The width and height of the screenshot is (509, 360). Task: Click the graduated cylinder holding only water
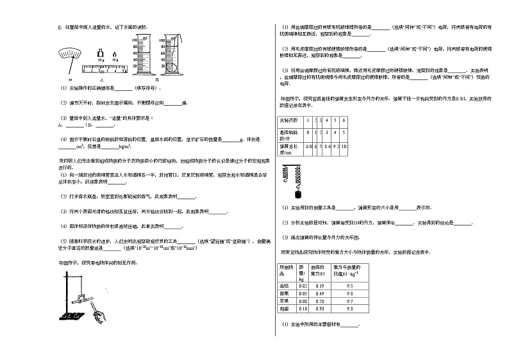click(x=144, y=54)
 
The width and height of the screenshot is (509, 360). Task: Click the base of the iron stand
click(x=69, y=315)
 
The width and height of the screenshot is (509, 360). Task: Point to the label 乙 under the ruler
click(x=106, y=76)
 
